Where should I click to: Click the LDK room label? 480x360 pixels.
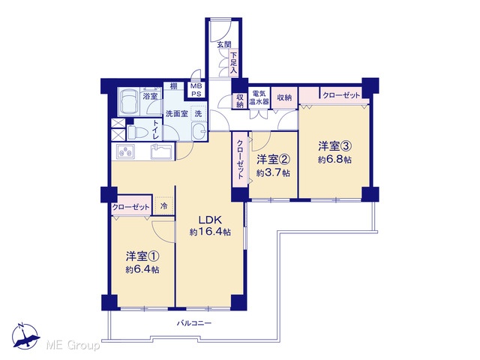tap(210, 220)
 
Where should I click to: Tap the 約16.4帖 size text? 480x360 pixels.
tap(210, 232)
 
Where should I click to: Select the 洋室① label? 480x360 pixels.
tap(142, 256)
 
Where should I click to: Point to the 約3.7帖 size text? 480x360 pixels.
tap(273, 173)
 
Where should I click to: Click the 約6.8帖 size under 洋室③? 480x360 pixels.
tap(334, 160)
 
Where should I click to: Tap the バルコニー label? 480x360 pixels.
tap(194, 323)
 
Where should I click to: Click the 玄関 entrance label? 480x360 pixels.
tap(224, 45)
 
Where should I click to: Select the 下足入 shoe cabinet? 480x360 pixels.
tap(233, 63)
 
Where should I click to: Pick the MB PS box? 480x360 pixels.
tap(196, 90)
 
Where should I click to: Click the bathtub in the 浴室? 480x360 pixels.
tap(128, 102)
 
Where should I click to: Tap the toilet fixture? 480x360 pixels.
tap(135, 132)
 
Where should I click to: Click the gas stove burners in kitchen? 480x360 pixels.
tap(125, 151)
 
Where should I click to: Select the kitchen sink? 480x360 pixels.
tap(161, 151)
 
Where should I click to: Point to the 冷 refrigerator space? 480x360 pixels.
tap(164, 206)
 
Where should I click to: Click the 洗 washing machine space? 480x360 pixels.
tap(198, 114)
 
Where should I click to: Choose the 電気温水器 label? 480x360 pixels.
tap(259, 97)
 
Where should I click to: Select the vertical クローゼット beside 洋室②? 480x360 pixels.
tap(240, 159)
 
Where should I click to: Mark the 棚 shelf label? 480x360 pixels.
tap(173, 85)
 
